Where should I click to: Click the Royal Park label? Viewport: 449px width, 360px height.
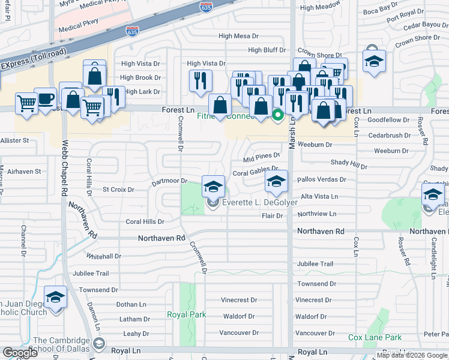pos(187,314)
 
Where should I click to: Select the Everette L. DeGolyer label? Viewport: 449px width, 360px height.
pos(261,203)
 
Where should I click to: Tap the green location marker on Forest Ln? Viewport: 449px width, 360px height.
pos(278,115)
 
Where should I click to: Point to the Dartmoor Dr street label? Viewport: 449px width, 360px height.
pos(169,181)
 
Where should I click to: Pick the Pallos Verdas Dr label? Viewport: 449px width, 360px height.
pos(322,179)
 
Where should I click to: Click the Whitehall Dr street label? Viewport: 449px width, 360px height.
pos(103,256)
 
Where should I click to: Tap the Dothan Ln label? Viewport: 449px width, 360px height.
pos(131,305)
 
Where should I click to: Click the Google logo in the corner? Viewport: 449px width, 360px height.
pos(20,353)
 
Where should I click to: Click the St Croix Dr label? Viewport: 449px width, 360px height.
pos(116,190)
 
